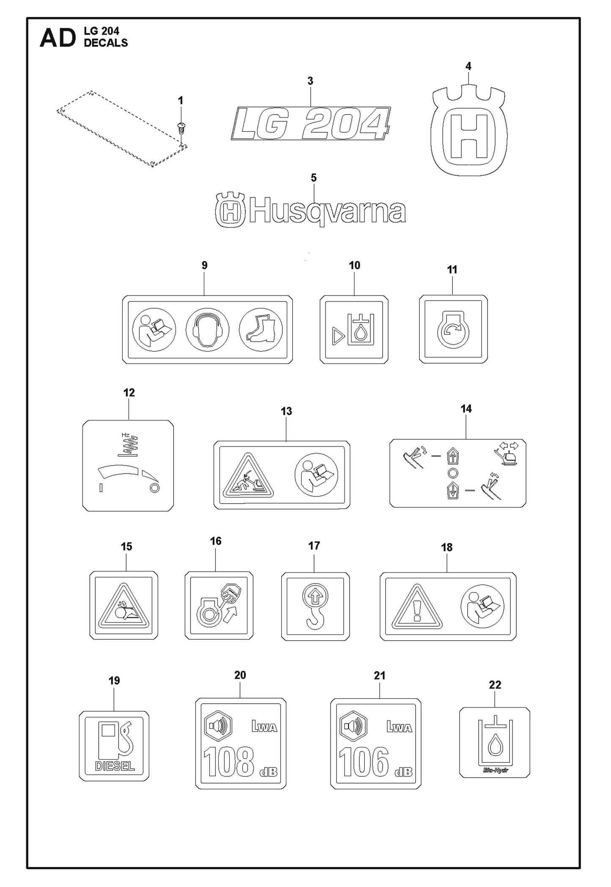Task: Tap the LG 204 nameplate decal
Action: [310, 123]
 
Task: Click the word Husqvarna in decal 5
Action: [327, 212]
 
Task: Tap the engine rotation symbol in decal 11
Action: [453, 331]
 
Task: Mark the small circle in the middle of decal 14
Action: [452, 473]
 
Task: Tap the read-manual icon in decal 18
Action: [482, 606]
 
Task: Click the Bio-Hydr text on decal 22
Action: [495, 770]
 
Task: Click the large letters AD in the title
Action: [58, 39]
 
